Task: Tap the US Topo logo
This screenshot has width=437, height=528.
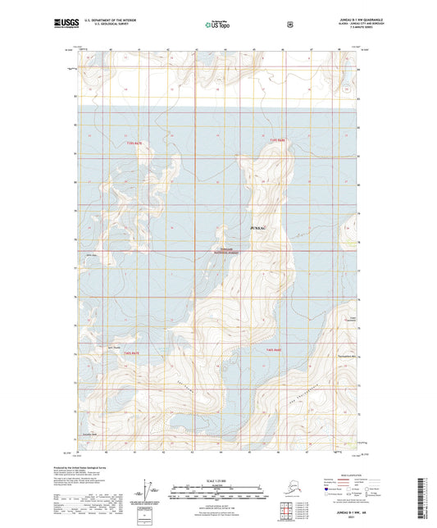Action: click(x=218, y=25)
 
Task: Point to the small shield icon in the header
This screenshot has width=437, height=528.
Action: click(x=289, y=25)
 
